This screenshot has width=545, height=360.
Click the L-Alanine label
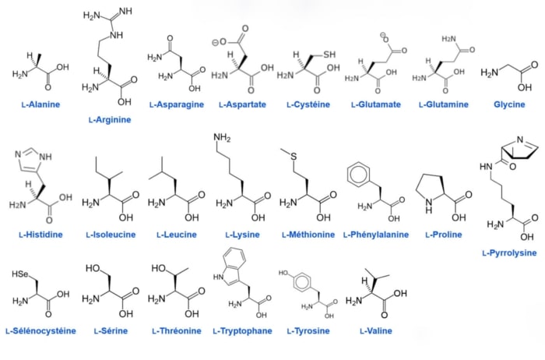(x=41, y=104)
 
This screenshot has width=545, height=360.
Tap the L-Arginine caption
(x=110, y=120)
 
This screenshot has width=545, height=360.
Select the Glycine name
(x=509, y=104)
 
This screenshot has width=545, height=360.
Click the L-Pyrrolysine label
(x=509, y=253)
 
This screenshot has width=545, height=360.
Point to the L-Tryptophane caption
(x=243, y=331)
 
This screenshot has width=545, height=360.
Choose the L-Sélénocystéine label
(x=41, y=331)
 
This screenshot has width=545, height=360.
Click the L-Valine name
(x=376, y=331)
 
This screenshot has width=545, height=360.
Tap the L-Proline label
(x=444, y=235)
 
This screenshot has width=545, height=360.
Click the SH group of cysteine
(x=329, y=55)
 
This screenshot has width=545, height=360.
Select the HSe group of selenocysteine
(x=20, y=274)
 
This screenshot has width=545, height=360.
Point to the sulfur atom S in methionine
(x=294, y=157)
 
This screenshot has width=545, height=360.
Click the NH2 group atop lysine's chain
(x=222, y=138)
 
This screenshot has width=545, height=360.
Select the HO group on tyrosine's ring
(x=283, y=273)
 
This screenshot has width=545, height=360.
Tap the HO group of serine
(x=93, y=268)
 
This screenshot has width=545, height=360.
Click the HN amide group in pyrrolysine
(x=486, y=166)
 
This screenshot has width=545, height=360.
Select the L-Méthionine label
(x=308, y=235)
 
